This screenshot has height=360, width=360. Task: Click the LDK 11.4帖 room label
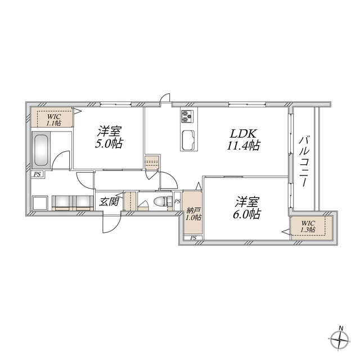243,139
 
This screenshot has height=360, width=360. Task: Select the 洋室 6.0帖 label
248,207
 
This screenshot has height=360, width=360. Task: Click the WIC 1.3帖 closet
308,226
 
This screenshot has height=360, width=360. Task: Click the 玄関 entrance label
109,201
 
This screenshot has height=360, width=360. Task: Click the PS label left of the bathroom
37,175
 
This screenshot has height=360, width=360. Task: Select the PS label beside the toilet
177,201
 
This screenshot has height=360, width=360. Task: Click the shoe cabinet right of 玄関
130,201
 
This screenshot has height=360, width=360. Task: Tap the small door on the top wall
165,100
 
